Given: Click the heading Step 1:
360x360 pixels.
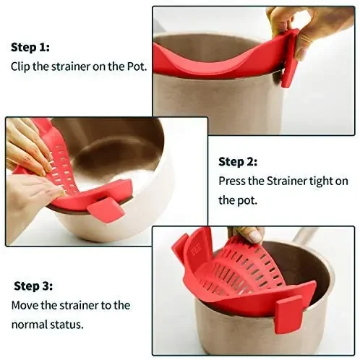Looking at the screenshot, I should (30, 47).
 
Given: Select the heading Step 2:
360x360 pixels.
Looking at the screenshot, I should (238, 161).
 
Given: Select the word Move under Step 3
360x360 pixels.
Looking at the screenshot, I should (24, 305).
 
